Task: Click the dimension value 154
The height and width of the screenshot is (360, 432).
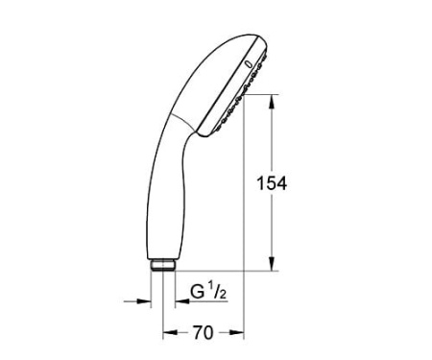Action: [273, 183]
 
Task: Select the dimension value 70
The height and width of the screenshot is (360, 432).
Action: [203, 333]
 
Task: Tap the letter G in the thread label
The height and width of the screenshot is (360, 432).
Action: [196, 288]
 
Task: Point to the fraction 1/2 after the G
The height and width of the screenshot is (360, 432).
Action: [216, 288]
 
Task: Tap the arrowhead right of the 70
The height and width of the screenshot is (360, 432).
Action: [241, 332]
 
